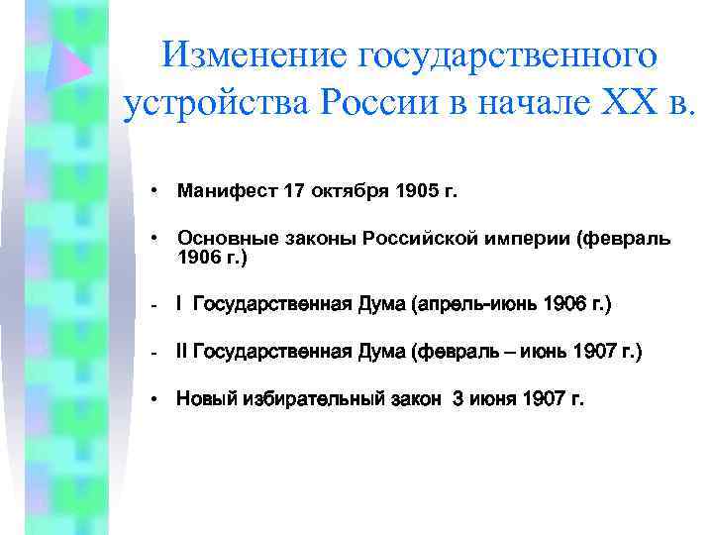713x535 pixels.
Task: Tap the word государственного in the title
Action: pos(512,56)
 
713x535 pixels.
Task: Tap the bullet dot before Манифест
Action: pos(155,189)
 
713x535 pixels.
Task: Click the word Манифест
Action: pos(226,189)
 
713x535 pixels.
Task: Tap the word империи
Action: pos(530,239)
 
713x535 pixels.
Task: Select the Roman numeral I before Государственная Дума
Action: pos(179,304)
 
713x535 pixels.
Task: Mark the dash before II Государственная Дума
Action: pos(154,352)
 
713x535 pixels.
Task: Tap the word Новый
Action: pos(202,399)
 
